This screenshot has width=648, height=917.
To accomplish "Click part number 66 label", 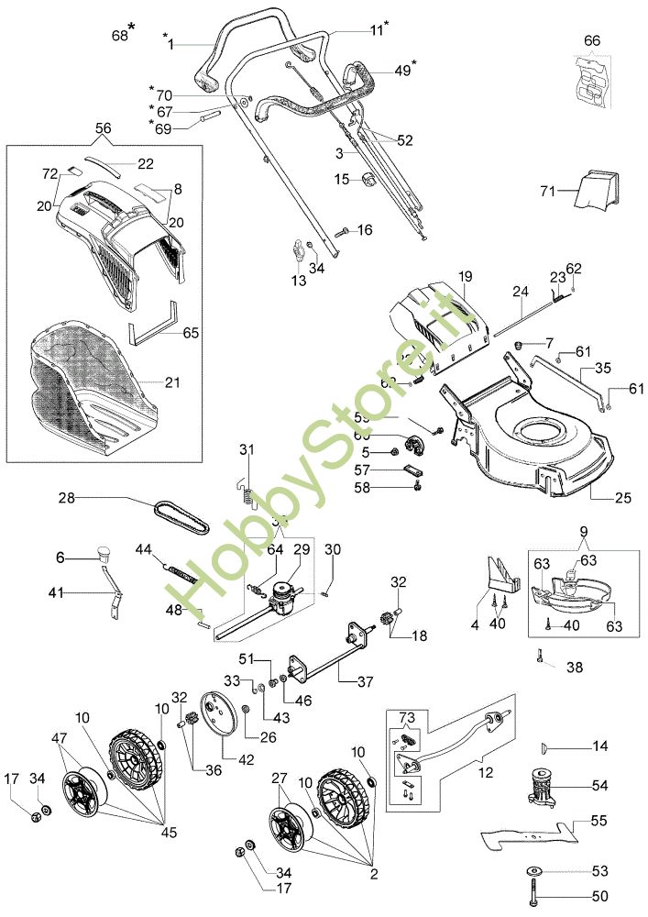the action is [x=592, y=40].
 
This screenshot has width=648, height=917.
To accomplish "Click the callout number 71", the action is [x=548, y=191].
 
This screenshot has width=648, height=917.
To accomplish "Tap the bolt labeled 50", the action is [x=533, y=892].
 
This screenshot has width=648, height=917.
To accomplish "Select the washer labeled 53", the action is [x=533, y=869].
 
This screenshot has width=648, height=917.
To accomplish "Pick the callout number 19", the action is [x=465, y=275].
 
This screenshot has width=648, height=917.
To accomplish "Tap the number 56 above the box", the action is [x=104, y=129].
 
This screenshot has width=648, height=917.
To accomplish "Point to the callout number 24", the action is [x=521, y=292].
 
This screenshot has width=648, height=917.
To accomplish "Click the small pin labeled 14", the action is [x=547, y=747].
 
